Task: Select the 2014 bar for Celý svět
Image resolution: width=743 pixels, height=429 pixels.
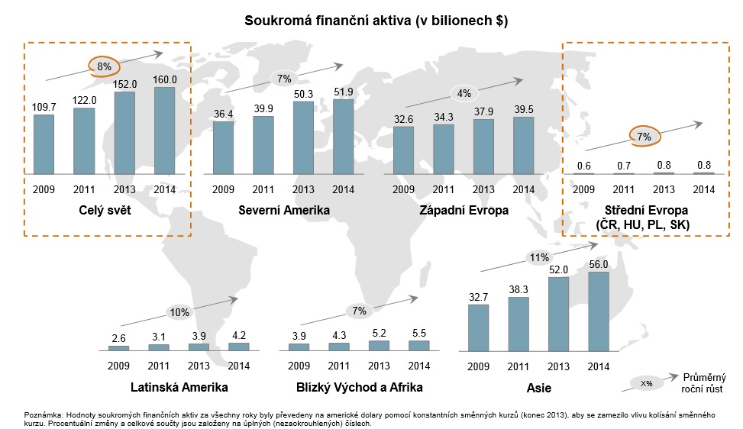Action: coord(164,131)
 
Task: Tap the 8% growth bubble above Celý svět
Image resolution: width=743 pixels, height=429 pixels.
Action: coord(104,67)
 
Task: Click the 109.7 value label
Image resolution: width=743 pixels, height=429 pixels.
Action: coord(44,108)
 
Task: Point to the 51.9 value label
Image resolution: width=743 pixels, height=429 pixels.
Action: coord(343,92)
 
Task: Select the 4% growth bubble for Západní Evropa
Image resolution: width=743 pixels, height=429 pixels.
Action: coord(464,93)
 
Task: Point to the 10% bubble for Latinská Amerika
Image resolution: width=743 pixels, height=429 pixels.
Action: coord(179,312)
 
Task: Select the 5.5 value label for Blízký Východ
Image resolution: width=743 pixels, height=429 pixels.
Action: coord(419,333)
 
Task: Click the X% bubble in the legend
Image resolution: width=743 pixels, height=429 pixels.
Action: coord(646,383)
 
